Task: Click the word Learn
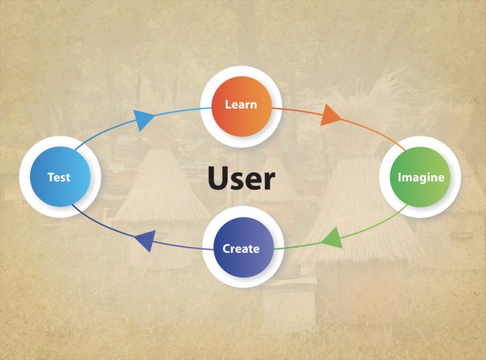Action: (241, 104)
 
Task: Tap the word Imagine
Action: (419, 177)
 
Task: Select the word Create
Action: (241, 248)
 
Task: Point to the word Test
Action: (58, 177)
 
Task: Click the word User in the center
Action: (241, 179)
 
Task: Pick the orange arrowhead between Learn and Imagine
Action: (330, 116)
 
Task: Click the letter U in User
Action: (217, 179)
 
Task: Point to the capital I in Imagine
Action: (400, 177)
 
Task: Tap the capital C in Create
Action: (226, 248)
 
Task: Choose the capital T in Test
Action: (50, 177)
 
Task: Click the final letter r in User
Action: (269, 182)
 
